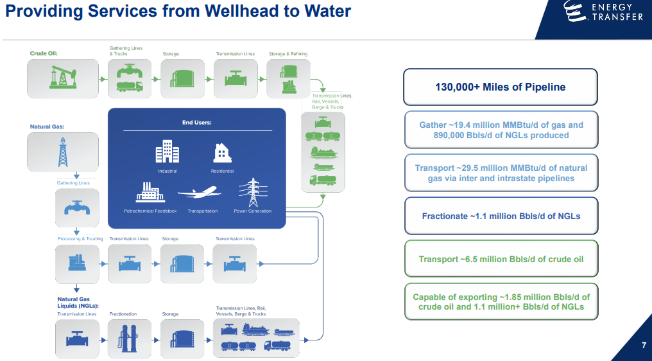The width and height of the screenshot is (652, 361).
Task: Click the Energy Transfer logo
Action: (603, 11)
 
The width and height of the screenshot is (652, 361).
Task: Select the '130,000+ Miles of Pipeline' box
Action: (500, 87)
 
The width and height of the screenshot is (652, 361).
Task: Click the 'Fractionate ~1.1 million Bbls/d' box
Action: (501, 216)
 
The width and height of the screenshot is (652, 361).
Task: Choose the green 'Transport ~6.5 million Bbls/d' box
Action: (501, 259)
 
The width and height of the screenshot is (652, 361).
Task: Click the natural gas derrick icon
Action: (62, 152)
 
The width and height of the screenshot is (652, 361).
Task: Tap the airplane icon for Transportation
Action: (199, 191)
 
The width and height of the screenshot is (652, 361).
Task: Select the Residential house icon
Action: (222, 153)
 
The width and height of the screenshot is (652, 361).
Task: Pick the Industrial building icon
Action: (167, 152)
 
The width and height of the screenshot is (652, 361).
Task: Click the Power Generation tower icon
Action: (249, 191)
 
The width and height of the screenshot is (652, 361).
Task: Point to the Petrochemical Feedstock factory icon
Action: (150, 191)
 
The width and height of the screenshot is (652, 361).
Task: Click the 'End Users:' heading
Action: (196, 122)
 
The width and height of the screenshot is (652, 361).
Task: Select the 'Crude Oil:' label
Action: (44, 53)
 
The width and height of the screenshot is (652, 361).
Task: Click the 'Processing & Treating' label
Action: (80, 239)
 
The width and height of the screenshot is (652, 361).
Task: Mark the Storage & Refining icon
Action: (288, 78)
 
